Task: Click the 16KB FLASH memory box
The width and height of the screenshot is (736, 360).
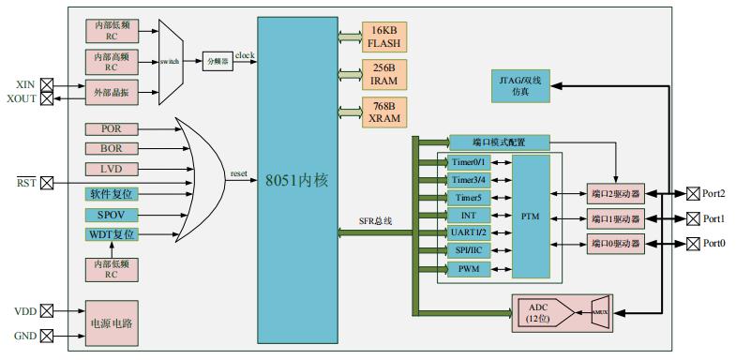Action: [x=384, y=37]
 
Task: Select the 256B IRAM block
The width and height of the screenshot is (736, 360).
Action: [x=384, y=74]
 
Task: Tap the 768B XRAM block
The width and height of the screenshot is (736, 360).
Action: [x=384, y=112]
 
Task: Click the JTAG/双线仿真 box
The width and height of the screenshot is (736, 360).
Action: [x=520, y=85]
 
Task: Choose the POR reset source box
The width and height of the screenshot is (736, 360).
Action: [x=112, y=128]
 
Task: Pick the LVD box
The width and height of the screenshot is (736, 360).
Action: [x=112, y=170]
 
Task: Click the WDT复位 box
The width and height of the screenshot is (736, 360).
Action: [x=112, y=234]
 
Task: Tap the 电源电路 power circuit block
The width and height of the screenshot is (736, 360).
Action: [x=112, y=322]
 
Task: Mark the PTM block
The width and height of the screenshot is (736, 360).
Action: [x=531, y=216]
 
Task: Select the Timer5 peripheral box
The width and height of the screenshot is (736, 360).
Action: [x=469, y=198]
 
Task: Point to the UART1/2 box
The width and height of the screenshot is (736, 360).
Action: [x=469, y=233]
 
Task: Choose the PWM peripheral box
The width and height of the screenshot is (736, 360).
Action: [x=469, y=269]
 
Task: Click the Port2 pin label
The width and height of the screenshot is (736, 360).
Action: [x=714, y=194]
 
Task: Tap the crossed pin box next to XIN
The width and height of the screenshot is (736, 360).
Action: [x=46, y=83]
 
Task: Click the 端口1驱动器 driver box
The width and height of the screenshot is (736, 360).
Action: [x=615, y=219]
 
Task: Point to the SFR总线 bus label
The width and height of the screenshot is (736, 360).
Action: [x=375, y=221]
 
